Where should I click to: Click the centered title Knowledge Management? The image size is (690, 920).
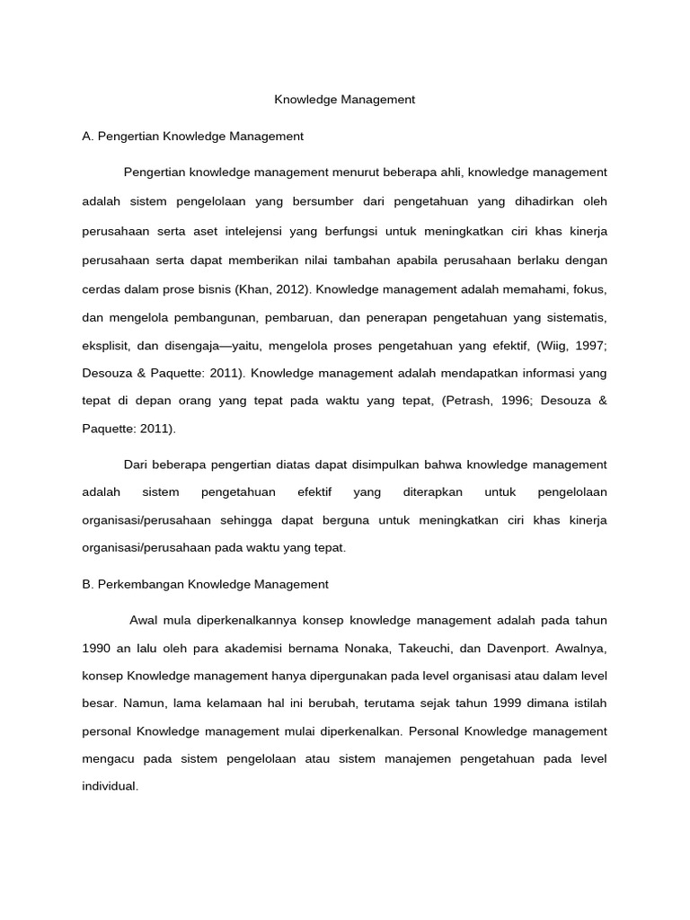pyautogui.click(x=344, y=100)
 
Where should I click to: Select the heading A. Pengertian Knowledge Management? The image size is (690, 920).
pyautogui.click(x=192, y=137)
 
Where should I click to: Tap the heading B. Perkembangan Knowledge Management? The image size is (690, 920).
pyautogui.click(x=205, y=584)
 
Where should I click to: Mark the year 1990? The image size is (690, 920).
pyautogui.click(x=97, y=647)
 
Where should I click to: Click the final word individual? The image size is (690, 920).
pyautogui.click(x=110, y=786)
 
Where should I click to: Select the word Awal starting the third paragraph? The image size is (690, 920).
pyautogui.click(x=144, y=620)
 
